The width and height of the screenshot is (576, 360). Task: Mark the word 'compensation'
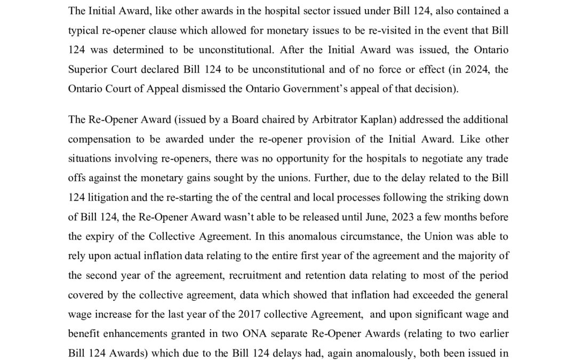pyautogui.click(x=97, y=139)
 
